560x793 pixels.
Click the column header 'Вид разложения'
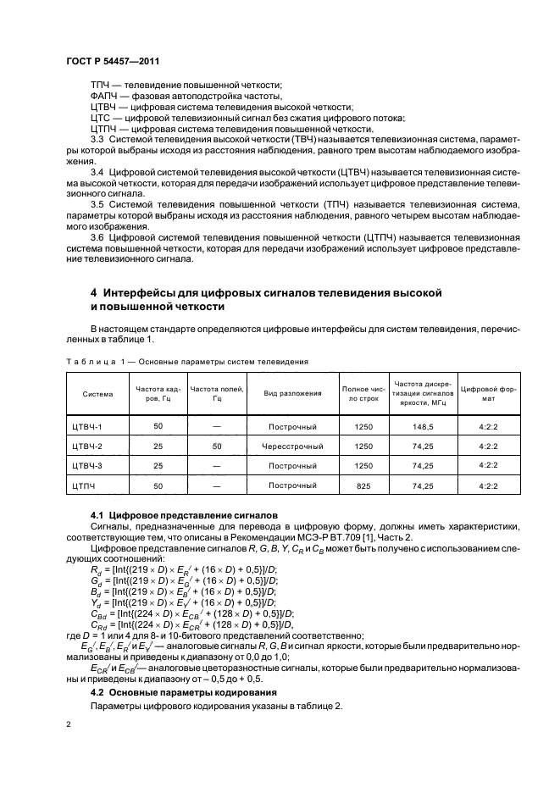pos(292,393)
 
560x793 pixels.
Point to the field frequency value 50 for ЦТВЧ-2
pos(216,446)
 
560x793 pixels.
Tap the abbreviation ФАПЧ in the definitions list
pos(104,97)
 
